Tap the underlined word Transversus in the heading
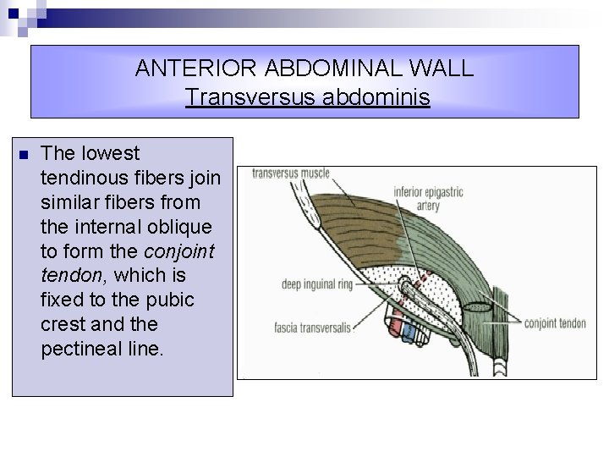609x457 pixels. (x=250, y=98)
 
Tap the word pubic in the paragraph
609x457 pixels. (x=169, y=300)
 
